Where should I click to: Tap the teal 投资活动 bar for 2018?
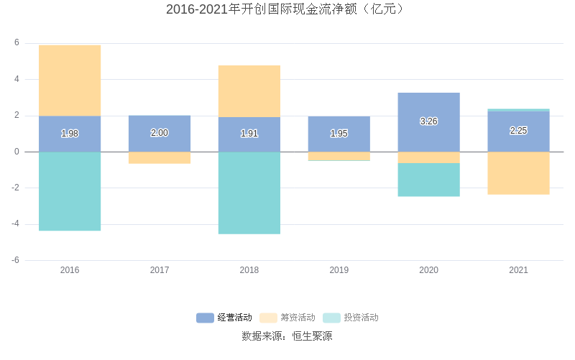[x=249, y=193]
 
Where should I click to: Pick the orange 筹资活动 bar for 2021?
[x=518, y=173]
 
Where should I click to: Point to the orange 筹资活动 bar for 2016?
[x=70, y=80]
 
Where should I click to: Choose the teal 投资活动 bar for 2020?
[x=428, y=180]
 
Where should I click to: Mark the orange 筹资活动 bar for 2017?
[x=160, y=157]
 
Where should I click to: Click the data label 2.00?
[x=160, y=133]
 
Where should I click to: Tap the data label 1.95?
[x=339, y=134]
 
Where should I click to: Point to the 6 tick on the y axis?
[x=17, y=43]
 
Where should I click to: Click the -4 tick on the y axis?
[x=15, y=224]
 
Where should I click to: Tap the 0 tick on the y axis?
[x=17, y=152]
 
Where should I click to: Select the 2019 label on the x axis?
[x=339, y=270]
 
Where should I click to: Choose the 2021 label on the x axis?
[x=518, y=270]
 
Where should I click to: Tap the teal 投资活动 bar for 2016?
[x=70, y=191]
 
